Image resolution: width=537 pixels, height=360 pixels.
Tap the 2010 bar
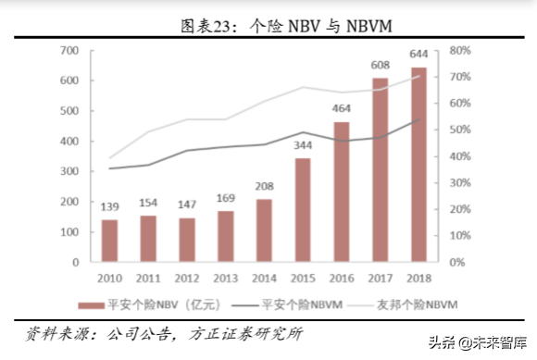coord(109,241)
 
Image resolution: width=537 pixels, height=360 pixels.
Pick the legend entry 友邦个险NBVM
coord(417,303)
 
